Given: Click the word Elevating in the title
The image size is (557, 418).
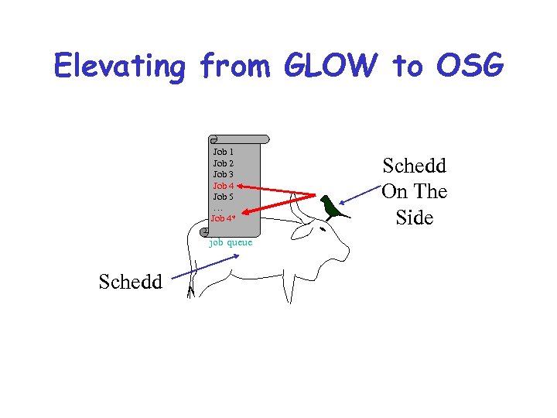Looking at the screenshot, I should coord(119,67).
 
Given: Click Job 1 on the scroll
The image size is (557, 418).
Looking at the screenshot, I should coord(224,152).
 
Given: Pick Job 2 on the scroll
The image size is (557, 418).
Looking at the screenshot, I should coord(224,163).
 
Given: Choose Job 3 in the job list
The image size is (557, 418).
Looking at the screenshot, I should coord(224,174).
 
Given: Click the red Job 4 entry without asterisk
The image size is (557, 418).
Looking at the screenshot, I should coord(224,186).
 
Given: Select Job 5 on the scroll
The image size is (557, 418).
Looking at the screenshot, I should coord(224,197).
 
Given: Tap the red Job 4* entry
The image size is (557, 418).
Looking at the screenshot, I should coord(224,218).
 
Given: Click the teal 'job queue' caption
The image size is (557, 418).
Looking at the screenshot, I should coord(231,242).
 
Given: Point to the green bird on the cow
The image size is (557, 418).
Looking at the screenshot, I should coord(333,207).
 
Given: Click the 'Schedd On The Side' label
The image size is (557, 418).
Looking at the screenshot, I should coord(414,191).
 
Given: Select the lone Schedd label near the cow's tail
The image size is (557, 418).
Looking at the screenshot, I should coord(131,282).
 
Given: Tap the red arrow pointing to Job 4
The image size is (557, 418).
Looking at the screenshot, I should coord(278,190).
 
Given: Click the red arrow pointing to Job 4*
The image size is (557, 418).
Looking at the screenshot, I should coord(278,207).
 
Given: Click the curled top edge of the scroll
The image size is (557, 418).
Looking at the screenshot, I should coord(238,139).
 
